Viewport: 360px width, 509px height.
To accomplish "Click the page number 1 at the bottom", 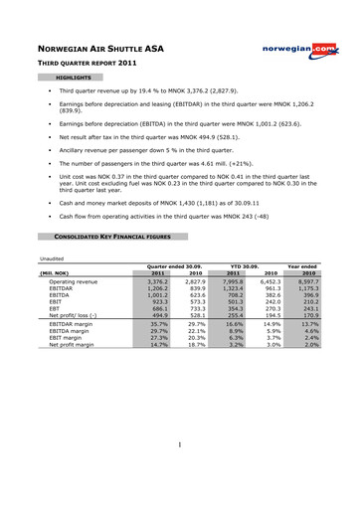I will coord(179,473).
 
